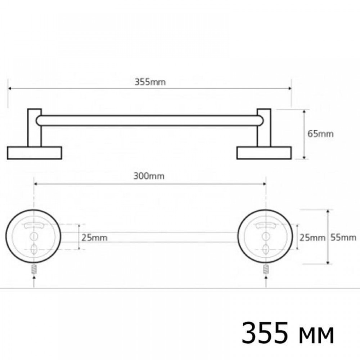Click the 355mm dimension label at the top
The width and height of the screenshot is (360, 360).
tap(150, 82)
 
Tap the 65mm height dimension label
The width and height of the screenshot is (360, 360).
tap(320, 134)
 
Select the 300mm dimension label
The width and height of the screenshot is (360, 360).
tap(149, 176)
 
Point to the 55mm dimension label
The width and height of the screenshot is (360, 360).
tap(343, 237)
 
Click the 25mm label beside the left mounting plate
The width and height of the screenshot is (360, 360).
tap(94, 238)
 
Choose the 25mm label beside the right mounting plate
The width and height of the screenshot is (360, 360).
tap(312, 238)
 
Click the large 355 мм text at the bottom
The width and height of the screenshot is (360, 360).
tap(288, 333)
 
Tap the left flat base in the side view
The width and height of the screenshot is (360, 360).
tap(35, 153)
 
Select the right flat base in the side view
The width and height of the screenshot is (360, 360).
tap(264, 153)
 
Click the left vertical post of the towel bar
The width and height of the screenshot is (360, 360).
tap(35, 128)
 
